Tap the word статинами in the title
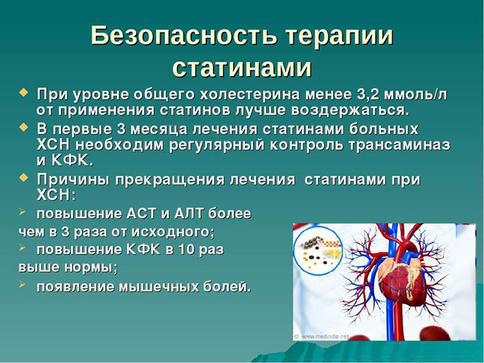(241, 68)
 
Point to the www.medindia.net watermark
(323, 337)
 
